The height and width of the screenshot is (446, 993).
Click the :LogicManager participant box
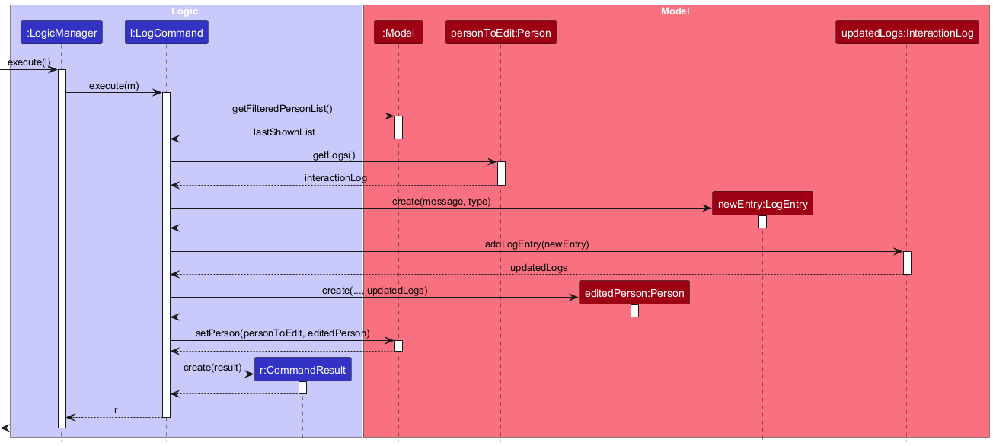[61, 33]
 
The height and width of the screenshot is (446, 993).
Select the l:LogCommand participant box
[166, 33]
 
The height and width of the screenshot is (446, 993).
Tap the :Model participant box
[398, 33]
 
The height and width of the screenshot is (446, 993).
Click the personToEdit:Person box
[500, 33]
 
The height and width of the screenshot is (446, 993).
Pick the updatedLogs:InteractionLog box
[906, 33]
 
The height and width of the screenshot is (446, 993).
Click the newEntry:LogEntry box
[762, 203]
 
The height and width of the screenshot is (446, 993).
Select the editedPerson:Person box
[634, 293]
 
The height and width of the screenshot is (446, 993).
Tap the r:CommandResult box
[302, 370]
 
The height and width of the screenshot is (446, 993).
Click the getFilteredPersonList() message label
[282, 109]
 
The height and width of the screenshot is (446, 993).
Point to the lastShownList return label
[284, 132]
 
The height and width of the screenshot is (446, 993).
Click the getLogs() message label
[334, 155]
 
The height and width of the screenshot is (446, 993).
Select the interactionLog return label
[335, 178]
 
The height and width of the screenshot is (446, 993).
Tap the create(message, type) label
[441, 202]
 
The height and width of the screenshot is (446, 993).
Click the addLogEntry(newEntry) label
[537, 244]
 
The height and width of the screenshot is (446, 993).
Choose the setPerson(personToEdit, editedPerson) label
[282, 333]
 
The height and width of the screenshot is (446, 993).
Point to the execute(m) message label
[113, 86]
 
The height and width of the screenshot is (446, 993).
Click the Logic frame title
[185, 11]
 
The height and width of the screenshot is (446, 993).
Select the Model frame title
[675, 11]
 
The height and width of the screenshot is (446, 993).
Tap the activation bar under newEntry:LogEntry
[762, 221]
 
